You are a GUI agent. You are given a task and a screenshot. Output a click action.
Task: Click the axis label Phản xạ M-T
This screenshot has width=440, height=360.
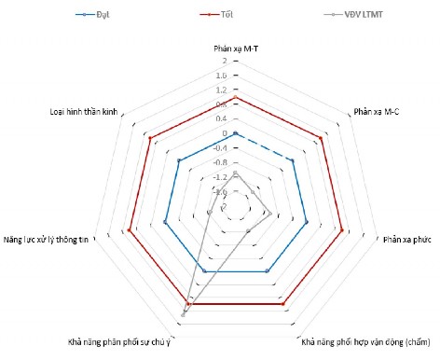[235, 48]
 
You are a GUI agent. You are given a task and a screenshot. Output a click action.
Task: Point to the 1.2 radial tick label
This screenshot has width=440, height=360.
[221, 90]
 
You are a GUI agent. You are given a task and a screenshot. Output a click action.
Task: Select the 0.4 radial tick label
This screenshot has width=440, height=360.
[221, 119]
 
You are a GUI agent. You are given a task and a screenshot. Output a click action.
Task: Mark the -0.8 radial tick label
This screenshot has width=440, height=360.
[220, 162]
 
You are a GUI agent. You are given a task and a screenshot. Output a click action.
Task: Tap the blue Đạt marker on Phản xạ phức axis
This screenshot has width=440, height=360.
[307, 222]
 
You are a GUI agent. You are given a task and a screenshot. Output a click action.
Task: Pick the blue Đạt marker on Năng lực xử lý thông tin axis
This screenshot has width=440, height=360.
[164, 222]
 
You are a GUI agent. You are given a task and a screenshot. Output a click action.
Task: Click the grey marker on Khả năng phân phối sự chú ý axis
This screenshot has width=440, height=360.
[184, 314]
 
